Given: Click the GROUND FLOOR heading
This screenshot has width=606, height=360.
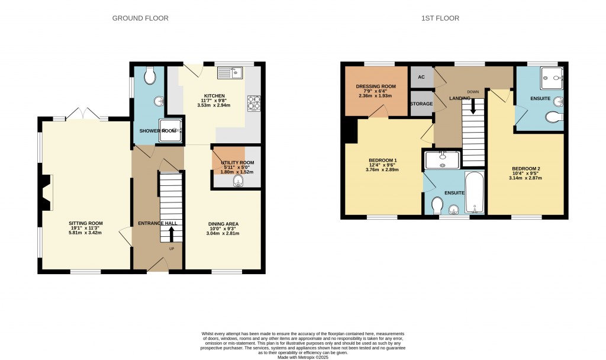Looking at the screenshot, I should (x=140, y=18).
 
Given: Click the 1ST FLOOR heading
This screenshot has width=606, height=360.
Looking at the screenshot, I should (x=440, y=18).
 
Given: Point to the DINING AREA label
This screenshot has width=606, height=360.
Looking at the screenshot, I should (x=224, y=224).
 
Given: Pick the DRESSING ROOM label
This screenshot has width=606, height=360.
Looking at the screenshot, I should (x=376, y=86).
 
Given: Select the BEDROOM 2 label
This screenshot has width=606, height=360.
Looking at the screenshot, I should (x=526, y=169).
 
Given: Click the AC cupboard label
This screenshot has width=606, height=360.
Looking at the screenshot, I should (x=421, y=77).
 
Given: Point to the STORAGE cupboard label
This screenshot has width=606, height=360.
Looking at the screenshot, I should (x=421, y=104).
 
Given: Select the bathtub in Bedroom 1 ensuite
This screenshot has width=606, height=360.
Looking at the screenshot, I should (x=474, y=193).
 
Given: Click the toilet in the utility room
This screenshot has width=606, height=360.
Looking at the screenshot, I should (x=238, y=181).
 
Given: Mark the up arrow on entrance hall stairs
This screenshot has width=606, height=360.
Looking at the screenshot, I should (x=172, y=234).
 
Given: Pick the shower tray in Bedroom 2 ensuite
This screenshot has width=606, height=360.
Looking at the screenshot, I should (x=552, y=76).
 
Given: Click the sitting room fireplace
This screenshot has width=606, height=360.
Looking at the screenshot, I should (x=46, y=193).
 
